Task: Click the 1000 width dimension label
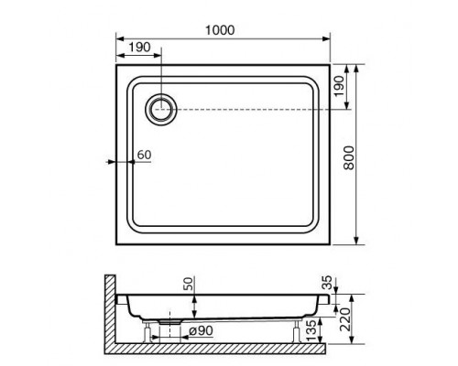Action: pyautogui.click(x=220, y=30)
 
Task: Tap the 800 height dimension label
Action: pyautogui.click(x=349, y=157)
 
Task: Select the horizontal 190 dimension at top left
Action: pyautogui.click(x=139, y=48)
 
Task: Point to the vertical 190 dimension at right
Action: pyautogui.click(x=339, y=86)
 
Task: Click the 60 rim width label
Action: pyautogui.click(x=144, y=155)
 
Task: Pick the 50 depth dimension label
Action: pyautogui.click(x=189, y=284)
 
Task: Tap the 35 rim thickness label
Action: pyautogui.click(x=327, y=282)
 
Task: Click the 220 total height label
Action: pyautogui.click(x=345, y=319)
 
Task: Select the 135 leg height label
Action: pyautogui.click(x=311, y=330)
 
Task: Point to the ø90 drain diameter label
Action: pyautogui.click(x=201, y=330)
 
